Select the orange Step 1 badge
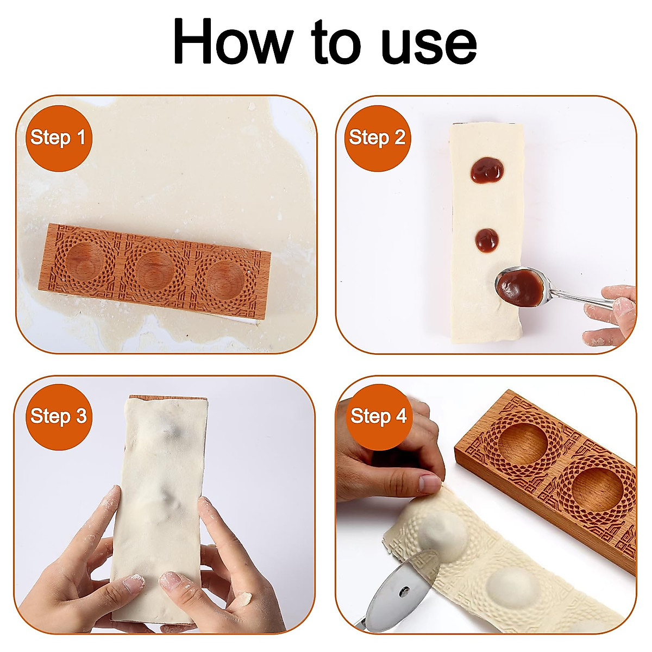coord(58,137)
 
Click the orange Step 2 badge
coord(378,137)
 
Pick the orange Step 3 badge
coord(58,416)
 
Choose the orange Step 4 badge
coord(379,416)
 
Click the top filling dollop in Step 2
coord(487,171)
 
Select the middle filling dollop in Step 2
coord(487,240)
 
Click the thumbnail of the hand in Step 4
coord(430,484)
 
